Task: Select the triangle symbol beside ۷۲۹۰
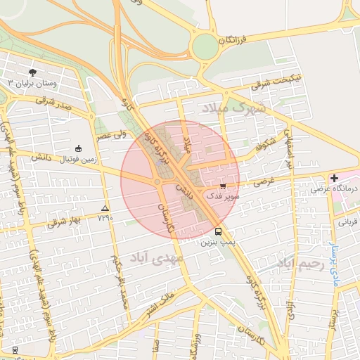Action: pyautogui.click(x=105, y=208)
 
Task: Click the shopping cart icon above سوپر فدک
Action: pyautogui.click(x=223, y=186)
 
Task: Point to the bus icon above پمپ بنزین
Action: pyautogui.click(x=218, y=231)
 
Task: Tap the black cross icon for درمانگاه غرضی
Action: pyautogui.click(x=333, y=179)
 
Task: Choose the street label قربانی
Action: pyautogui.click(x=349, y=221)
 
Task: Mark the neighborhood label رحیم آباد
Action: pyautogui.click(x=300, y=264)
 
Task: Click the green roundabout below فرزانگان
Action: pyautogui.click(x=205, y=47)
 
